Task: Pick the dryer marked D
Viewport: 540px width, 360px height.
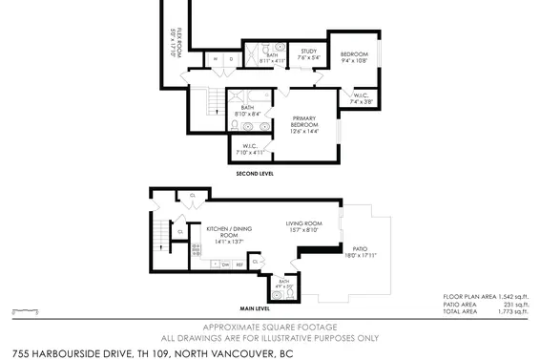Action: tap(231, 58)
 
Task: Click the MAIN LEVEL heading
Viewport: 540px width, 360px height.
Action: tap(256, 309)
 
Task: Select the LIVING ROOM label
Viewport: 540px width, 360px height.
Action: tap(304, 224)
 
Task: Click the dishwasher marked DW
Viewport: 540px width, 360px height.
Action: tap(225, 265)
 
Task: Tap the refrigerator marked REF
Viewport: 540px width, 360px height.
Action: tap(239, 265)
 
